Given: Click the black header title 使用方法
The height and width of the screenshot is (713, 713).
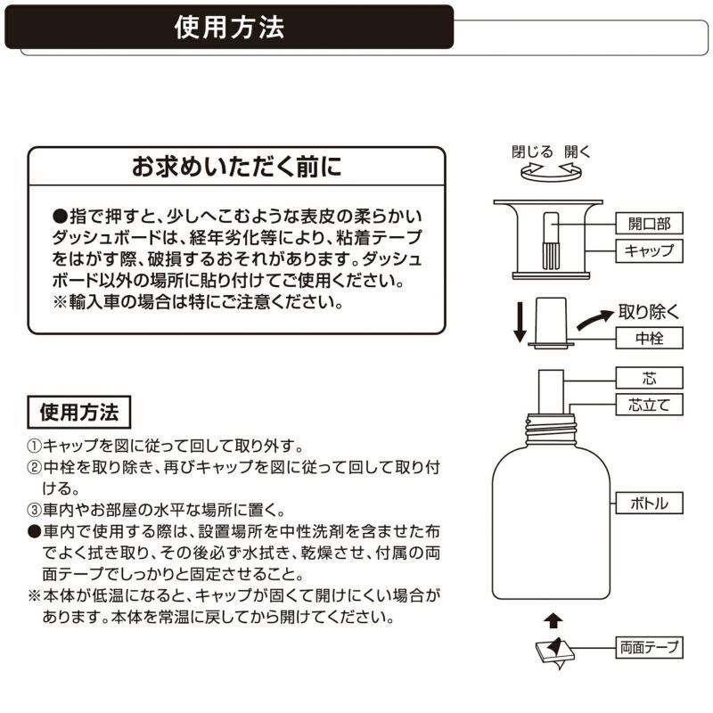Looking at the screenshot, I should pyautogui.click(x=230, y=27).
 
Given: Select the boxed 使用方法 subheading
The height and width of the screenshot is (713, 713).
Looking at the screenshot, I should pyautogui.click(x=79, y=414).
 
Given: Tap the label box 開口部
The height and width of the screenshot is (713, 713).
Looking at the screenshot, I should pyautogui.click(x=648, y=223).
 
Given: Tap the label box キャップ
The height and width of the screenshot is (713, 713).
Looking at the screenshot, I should pyautogui.click(x=648, y=250).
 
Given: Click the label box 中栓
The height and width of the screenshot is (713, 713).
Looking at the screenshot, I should pyautogui.click(x=648, y=338).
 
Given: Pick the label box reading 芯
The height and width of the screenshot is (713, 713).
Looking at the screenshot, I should pyautogui.click(x=648, y=376).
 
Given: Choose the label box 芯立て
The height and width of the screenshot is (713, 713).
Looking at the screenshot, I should pyautogui.click(x=648, y=406).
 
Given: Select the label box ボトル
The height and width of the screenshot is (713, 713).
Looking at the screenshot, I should pyautogui.click(x=648, y=504).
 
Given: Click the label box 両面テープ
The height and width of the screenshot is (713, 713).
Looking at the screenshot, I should pyautogui.click(x=648, y=645).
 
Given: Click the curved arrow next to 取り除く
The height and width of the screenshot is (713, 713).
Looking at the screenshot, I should pyautogui.click(x=594, y=320).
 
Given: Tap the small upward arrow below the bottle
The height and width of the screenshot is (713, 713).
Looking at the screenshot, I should pyautogui.click(x=553, y=618).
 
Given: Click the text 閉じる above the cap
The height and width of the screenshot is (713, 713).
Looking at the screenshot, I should pyautogui.click(x=532, y=152).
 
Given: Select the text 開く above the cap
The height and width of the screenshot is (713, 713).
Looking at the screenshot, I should pyautogui.click(x=578, y=152).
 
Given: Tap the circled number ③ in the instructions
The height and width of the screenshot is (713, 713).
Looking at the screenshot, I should pyautogui.click(x=34, y=511).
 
